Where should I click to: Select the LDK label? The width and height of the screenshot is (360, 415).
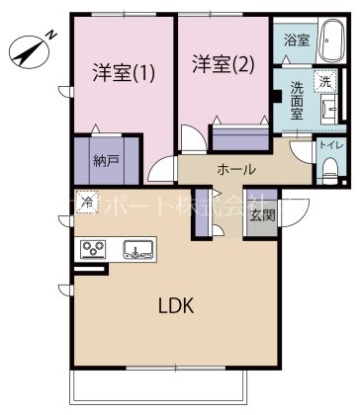point(180,305)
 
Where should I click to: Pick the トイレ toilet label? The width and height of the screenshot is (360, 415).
point(330,145)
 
